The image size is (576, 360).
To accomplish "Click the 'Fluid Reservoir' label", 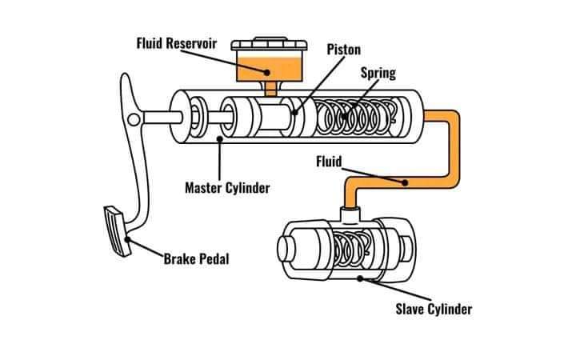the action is click(x=177, y=43).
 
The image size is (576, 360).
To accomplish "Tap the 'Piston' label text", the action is click(x=344, y=50).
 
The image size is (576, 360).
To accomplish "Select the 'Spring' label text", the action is click(x=378, y=73).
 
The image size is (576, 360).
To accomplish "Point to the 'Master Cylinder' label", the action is click(x=227, y=188).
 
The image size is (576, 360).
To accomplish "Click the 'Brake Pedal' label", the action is click(x=196, y=259).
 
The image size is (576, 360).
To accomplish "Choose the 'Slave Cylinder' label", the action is click(x=434, y=309).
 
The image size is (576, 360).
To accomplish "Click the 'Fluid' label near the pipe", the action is click(x=329, y=162).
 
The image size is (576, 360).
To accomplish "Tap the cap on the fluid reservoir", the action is click(x=270, y=44).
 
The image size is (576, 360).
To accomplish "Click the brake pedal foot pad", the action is click(x=118, y=230).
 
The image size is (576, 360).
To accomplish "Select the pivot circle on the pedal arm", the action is click(x=134, y=119).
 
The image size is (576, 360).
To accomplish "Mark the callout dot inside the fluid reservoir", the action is click(x=267, y=72).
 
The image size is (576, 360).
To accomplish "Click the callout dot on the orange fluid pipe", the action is click(x=405, y=182).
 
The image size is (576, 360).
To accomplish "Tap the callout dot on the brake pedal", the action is click(x=127, y=239).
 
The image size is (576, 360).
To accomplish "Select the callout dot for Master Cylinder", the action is click(x=220, y=138).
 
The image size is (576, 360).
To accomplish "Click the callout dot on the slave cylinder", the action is click(x=360, y=279).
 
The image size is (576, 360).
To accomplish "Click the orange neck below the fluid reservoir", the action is click(x=270, y=89).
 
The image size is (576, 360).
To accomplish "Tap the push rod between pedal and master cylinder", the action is click(x=162, y=118).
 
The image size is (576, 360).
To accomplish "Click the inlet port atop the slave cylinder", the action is click(x=350, y=214).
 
